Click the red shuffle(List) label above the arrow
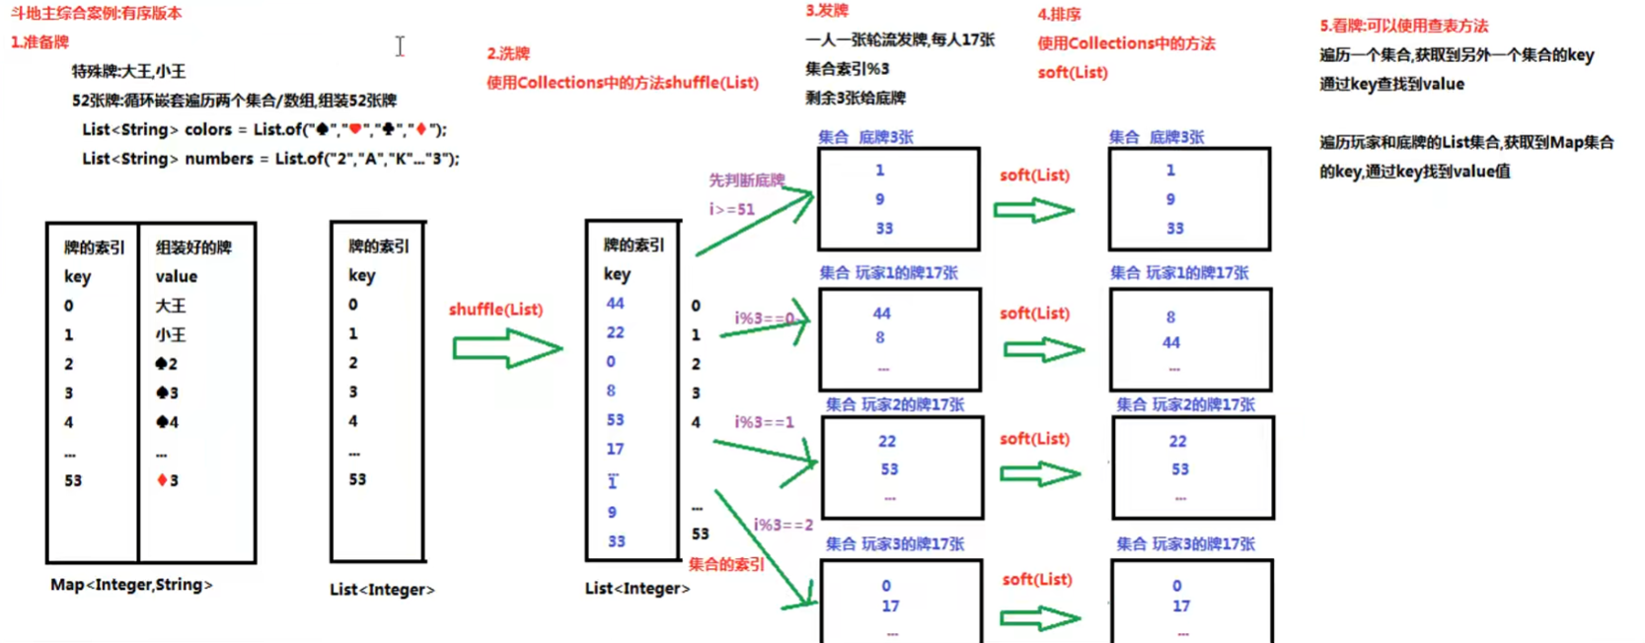pyautogui.click(x=495, y=310)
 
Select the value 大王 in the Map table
pyautogui.click(x=171, y=306)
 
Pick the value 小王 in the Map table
pyautogui.click(x=171, y=335)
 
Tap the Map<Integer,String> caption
pyautogui.click(x=131, y=585)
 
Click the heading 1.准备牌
pyautogui.click(x=40, y=42)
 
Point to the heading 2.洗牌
pyautogui.click(x=508, y=53)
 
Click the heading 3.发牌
pyautogui.click(x=827, y=11)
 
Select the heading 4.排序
pyautogui.click(x=1059, y=15)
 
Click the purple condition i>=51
pyautogui.click(x=731, y=209)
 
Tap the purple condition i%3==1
pyautogui.click(x=764, y=422)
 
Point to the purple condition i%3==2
pyautogui.click(x=784, y=525)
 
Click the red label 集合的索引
pyautogui.click(x=726, y=564)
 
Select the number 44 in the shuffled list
pyautogui.click(x=615, y=304)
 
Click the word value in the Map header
pyautogui.click(x=177, y=277)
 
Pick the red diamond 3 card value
pyautogui.click(x=168, y=481)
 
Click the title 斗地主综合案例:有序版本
pyautogui.click(x=97, y=14)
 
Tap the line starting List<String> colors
pyautogui.click(x=264, y=129)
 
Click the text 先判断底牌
pyautogui.click(x=747, y=180)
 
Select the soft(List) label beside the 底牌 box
pyautogui.click(x=1034, y=176)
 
